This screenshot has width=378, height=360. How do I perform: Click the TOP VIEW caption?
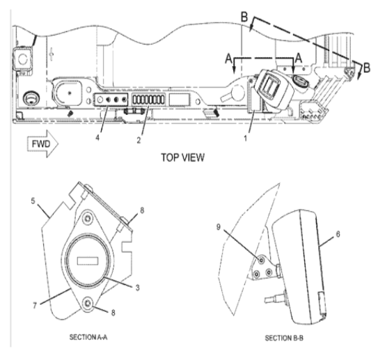coord(182,158)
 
